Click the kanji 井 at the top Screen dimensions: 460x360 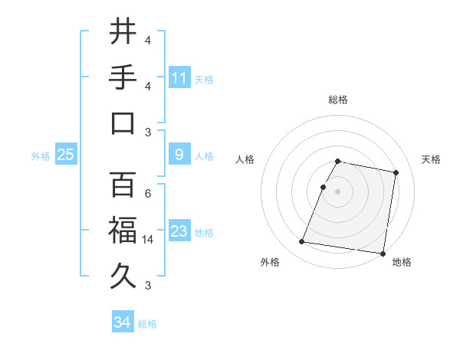tap(123, 31)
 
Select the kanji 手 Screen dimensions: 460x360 tap(123, 77)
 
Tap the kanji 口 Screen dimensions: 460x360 tap(123, 123)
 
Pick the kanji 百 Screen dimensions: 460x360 tap(123, 185)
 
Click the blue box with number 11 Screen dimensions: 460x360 tap(179, 78)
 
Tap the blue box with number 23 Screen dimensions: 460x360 tap(179, 231)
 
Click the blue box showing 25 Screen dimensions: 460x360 tap(65, 155)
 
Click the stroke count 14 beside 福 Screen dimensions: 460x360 tap(149, 240)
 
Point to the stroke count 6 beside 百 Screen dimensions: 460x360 tap(148, 194)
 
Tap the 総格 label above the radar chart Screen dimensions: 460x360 tap(338, 100)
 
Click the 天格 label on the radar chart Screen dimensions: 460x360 tap(432, 159)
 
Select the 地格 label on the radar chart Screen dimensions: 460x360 tap(402, 262)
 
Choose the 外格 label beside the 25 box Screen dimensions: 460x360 tap(41, 156)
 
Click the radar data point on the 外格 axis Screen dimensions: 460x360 tap(301, 242)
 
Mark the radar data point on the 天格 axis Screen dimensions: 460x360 tap(396, 173)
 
